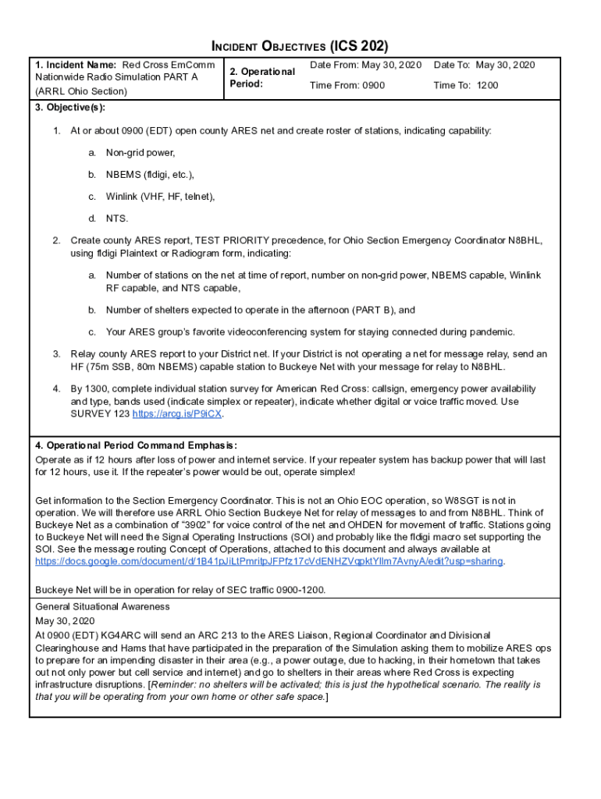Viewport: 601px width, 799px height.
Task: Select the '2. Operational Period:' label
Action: pyautogui.click(x=262, y=77)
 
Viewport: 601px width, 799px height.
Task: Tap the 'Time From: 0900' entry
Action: pyautogui.click(x=347, y=85)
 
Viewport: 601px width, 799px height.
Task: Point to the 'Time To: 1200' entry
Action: pyautogui.click(x=465, y=85)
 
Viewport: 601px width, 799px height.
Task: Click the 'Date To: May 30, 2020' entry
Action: pyautogui.click(x=484, y=65)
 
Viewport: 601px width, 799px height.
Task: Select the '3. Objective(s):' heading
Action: pyautogui.click(x=70, y=107)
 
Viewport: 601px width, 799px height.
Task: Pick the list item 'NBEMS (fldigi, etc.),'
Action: pyautogui.click(x=150, y=175)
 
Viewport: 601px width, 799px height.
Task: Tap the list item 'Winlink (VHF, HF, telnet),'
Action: pyautogui.click(x=160, y=197)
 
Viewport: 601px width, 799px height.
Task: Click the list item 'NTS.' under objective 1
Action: pyautogui.click(x=117, y=218)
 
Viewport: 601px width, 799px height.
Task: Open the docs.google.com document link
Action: pyautogui.click(x=268, y=562)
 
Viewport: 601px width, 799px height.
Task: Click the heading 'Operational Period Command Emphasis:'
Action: pyautogui.click(x=137, y=445)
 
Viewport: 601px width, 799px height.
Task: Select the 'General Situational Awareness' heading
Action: pyautogui.click(x=102, y=606)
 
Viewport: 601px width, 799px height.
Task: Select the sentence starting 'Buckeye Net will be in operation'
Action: pyautogui.click(x=180, y=590)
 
